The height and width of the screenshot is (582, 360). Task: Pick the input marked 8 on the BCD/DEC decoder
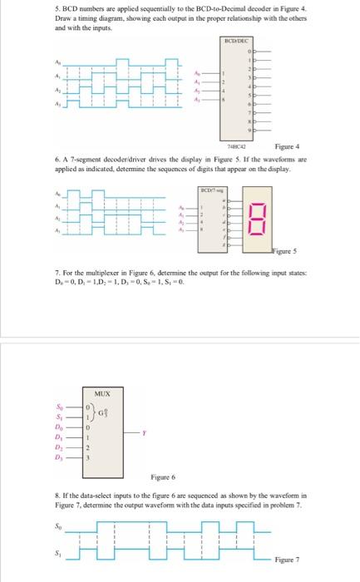223,98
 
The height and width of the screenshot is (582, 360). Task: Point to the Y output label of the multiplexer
144,432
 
